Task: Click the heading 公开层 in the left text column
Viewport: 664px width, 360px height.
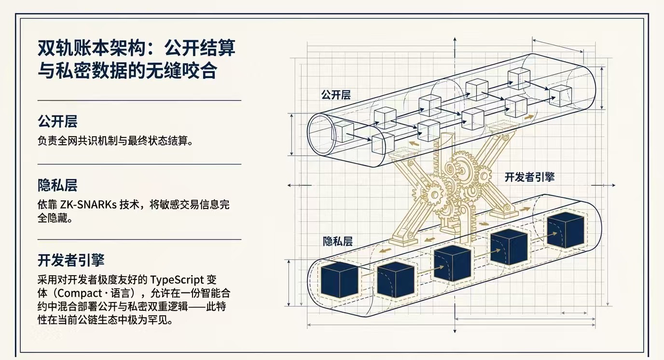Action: click(57, 121)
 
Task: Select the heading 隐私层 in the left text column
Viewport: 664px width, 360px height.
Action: click(57, 185)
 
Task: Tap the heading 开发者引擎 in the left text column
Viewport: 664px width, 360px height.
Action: click(71, 260)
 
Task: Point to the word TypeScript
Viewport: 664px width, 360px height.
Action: click(177, 279)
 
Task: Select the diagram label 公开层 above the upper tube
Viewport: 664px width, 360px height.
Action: click(336, 95)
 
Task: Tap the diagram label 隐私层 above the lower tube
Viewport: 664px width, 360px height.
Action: click(338, 241)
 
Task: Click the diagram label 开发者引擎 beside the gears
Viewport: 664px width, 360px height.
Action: click(529, 177)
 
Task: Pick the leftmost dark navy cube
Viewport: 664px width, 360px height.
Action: click(339, 280)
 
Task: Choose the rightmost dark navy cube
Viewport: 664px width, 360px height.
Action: click(566, 230)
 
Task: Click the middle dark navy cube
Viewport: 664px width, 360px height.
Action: click(452, 263)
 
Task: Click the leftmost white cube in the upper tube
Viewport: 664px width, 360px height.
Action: click(344, 131)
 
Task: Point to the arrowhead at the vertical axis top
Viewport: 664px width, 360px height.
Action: click(455, 40)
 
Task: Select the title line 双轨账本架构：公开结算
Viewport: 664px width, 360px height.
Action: click(137, 48)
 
